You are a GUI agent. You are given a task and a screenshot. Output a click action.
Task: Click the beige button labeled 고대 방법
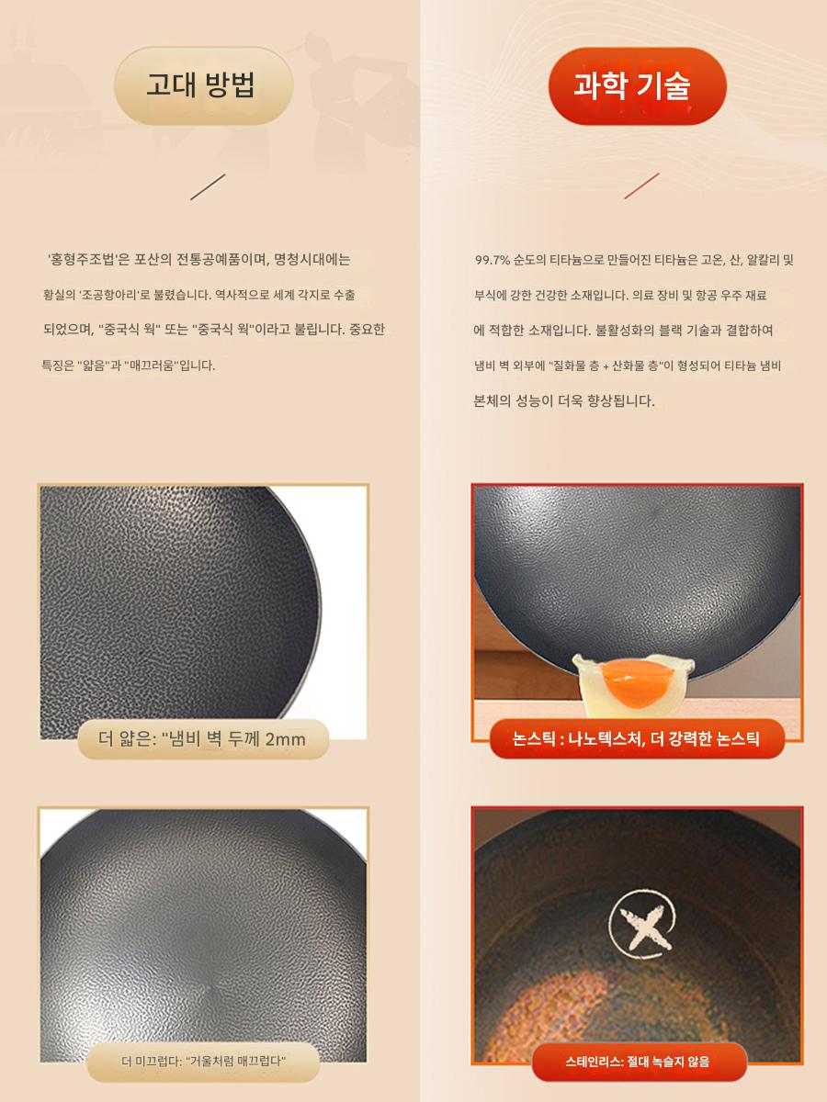click(x=203, y=85)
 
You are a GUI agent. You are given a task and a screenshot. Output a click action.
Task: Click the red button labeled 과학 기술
click(x=637, y=85)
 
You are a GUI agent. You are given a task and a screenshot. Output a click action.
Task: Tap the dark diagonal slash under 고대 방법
click(x=208, y=186)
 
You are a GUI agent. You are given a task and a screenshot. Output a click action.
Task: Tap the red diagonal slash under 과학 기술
click(x=641, y=186)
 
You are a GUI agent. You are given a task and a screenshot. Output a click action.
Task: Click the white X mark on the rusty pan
click(x=642, y=924)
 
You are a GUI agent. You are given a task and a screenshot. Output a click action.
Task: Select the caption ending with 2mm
click(x=202, y=739)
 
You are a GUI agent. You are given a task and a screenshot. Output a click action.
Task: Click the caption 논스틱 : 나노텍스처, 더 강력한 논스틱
click(x=636, y=739)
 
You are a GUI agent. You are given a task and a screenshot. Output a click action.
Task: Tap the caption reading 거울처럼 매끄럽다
click(x=236, y=1062)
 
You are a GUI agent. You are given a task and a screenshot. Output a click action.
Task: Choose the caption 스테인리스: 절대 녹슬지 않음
click(x=637, y=1062)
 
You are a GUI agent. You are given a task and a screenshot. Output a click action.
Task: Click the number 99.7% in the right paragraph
click(x=493, y=260)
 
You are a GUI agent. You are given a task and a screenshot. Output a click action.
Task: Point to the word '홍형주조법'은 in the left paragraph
click(x=88, y=260)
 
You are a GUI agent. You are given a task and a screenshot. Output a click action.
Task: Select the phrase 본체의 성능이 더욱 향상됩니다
click(x=564, y=400)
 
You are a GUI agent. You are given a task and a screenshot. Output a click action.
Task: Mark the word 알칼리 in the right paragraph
click(x=763, y=260)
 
